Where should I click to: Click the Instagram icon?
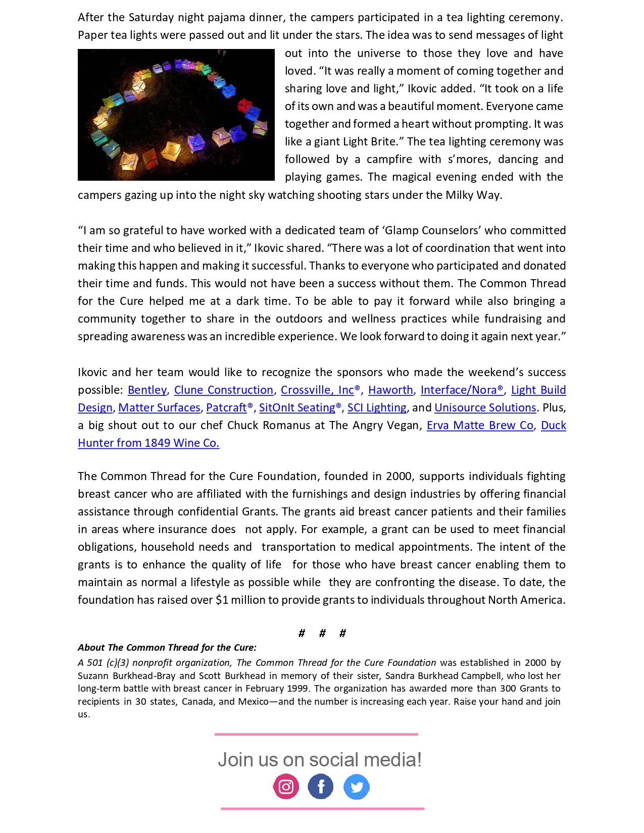click(x=286, y=787)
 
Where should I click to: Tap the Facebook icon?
click(x=321, y=787)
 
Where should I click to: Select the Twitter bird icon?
click(x=357, y=787)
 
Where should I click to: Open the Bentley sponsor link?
click(x=147, y=390)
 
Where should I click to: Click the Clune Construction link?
click(x=223, y=390)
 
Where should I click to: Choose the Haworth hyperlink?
click(x=390, y=390)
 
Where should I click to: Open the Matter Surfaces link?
click(x=159, y=408)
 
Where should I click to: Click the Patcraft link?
click(x=226, y=408)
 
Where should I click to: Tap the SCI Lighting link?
click(x=377, y=408)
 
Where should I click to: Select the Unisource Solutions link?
click(x=485, y=408)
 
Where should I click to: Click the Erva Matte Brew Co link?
click(x=480, y=426)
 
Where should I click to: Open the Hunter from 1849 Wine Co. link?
click(x=148, y=443)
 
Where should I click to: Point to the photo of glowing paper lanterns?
click(x=176, y=115)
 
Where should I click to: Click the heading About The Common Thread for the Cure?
click(x=167, y=648)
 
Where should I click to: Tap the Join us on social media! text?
click(x=319, y=760)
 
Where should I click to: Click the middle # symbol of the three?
click(x=322, y=634)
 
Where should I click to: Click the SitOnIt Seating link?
click(x=297, y=408)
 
